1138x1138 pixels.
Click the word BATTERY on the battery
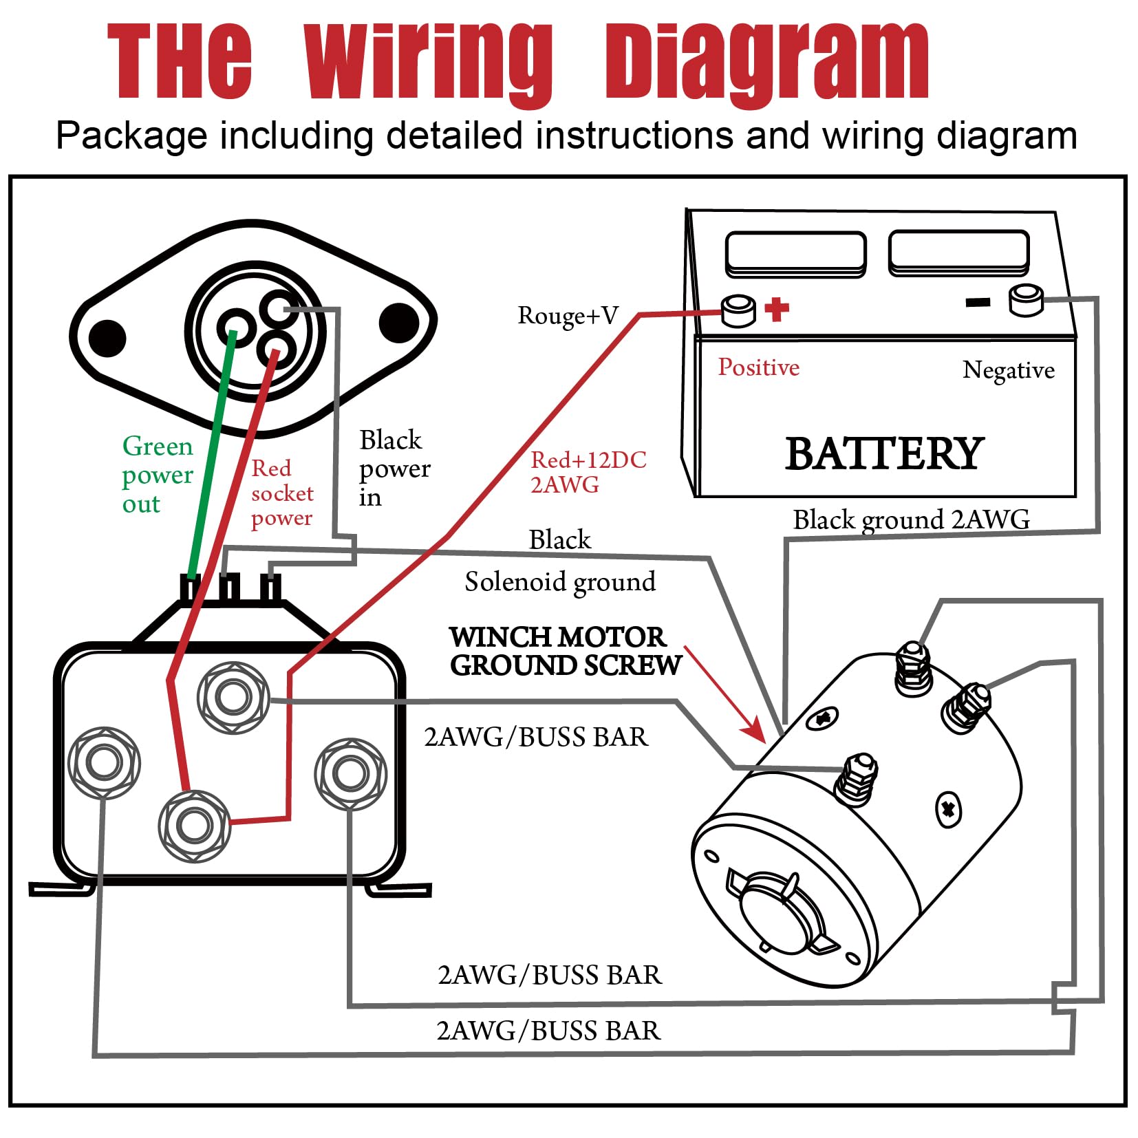(885, 454)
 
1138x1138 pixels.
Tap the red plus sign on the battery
(777, 309)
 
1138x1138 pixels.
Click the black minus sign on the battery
(978, 302)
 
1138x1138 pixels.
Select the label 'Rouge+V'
(568, 316)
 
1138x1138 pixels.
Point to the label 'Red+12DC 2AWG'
(588, 472)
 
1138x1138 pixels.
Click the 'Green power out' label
(158, 475)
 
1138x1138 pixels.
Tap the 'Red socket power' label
(282, 493)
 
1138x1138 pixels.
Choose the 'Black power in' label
(394, 468)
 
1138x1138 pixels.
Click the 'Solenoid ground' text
(560, 582)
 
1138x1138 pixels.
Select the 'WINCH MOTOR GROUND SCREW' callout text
(565, 652)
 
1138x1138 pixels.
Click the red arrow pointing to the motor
(727, 696)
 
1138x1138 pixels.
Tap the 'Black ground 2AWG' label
(911, 519)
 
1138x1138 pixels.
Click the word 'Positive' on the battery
(758, 367)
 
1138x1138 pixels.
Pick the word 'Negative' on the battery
(1008, 370)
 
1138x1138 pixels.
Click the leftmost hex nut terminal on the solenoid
(104, 762)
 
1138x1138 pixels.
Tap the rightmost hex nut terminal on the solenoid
(350, 773)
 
